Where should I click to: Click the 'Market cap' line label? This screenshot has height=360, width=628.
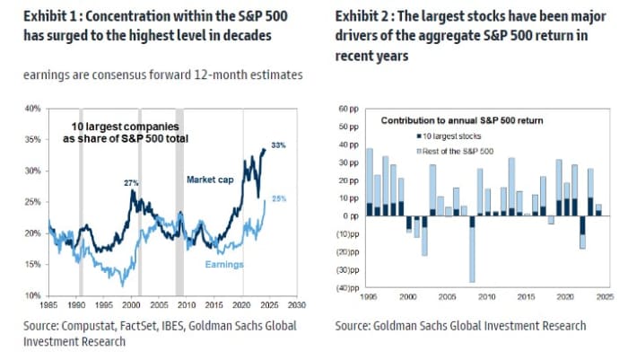click(x=210, y=180)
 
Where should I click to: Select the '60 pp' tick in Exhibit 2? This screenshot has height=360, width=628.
click(x=347, y=109)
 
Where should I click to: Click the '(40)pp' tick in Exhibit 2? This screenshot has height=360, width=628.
click(x=346, y=288)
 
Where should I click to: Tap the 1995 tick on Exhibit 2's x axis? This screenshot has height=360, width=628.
click(x=368, y=296)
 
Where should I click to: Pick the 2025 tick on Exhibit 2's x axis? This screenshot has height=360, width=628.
click(x=605, y=296)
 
